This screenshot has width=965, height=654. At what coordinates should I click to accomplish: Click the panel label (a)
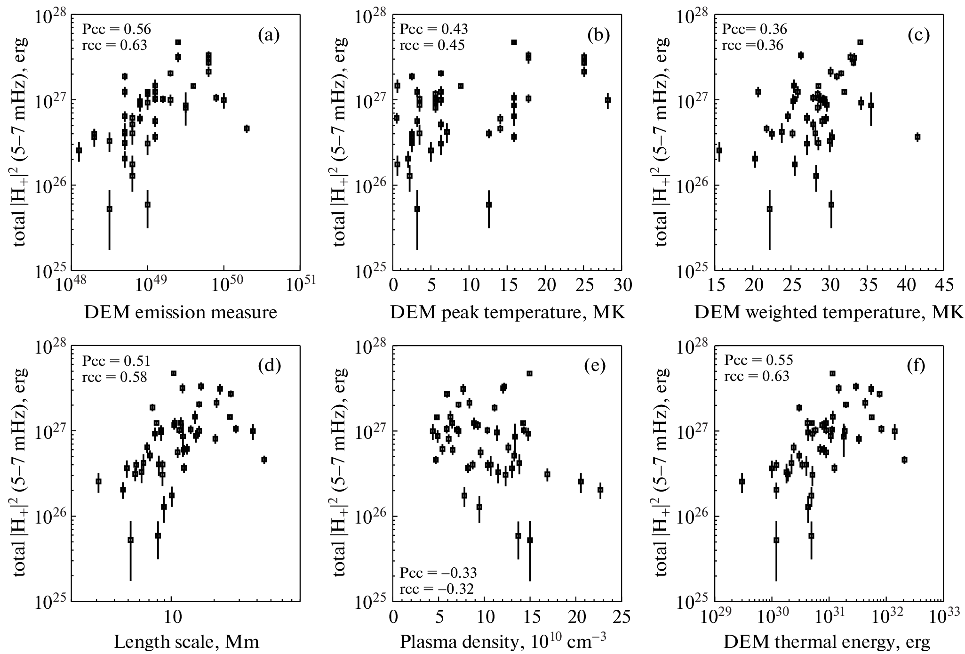pyautogui.click(x=269, y=35)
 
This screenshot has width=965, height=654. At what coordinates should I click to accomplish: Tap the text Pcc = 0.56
pyautogui.click(x=117, y=30)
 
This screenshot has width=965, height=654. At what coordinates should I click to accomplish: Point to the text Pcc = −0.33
pyautogui.click(x=439, y=573)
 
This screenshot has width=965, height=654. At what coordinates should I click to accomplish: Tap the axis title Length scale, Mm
pyautogui.click(x=187, y=642)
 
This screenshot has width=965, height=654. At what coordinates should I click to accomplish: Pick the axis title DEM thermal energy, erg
pyautogui.click(x=827, y=642)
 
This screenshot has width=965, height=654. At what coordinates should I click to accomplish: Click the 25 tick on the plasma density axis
pyautogui.click(x=622, y=616)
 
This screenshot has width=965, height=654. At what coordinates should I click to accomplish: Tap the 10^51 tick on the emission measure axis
pyautogui.click(x=299, y=285)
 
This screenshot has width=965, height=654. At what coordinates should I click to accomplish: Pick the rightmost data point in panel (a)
pyautogui.click(x=247, y=129)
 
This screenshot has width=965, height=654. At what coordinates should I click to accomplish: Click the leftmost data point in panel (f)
pyautogui.click(x=742, y=482)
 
